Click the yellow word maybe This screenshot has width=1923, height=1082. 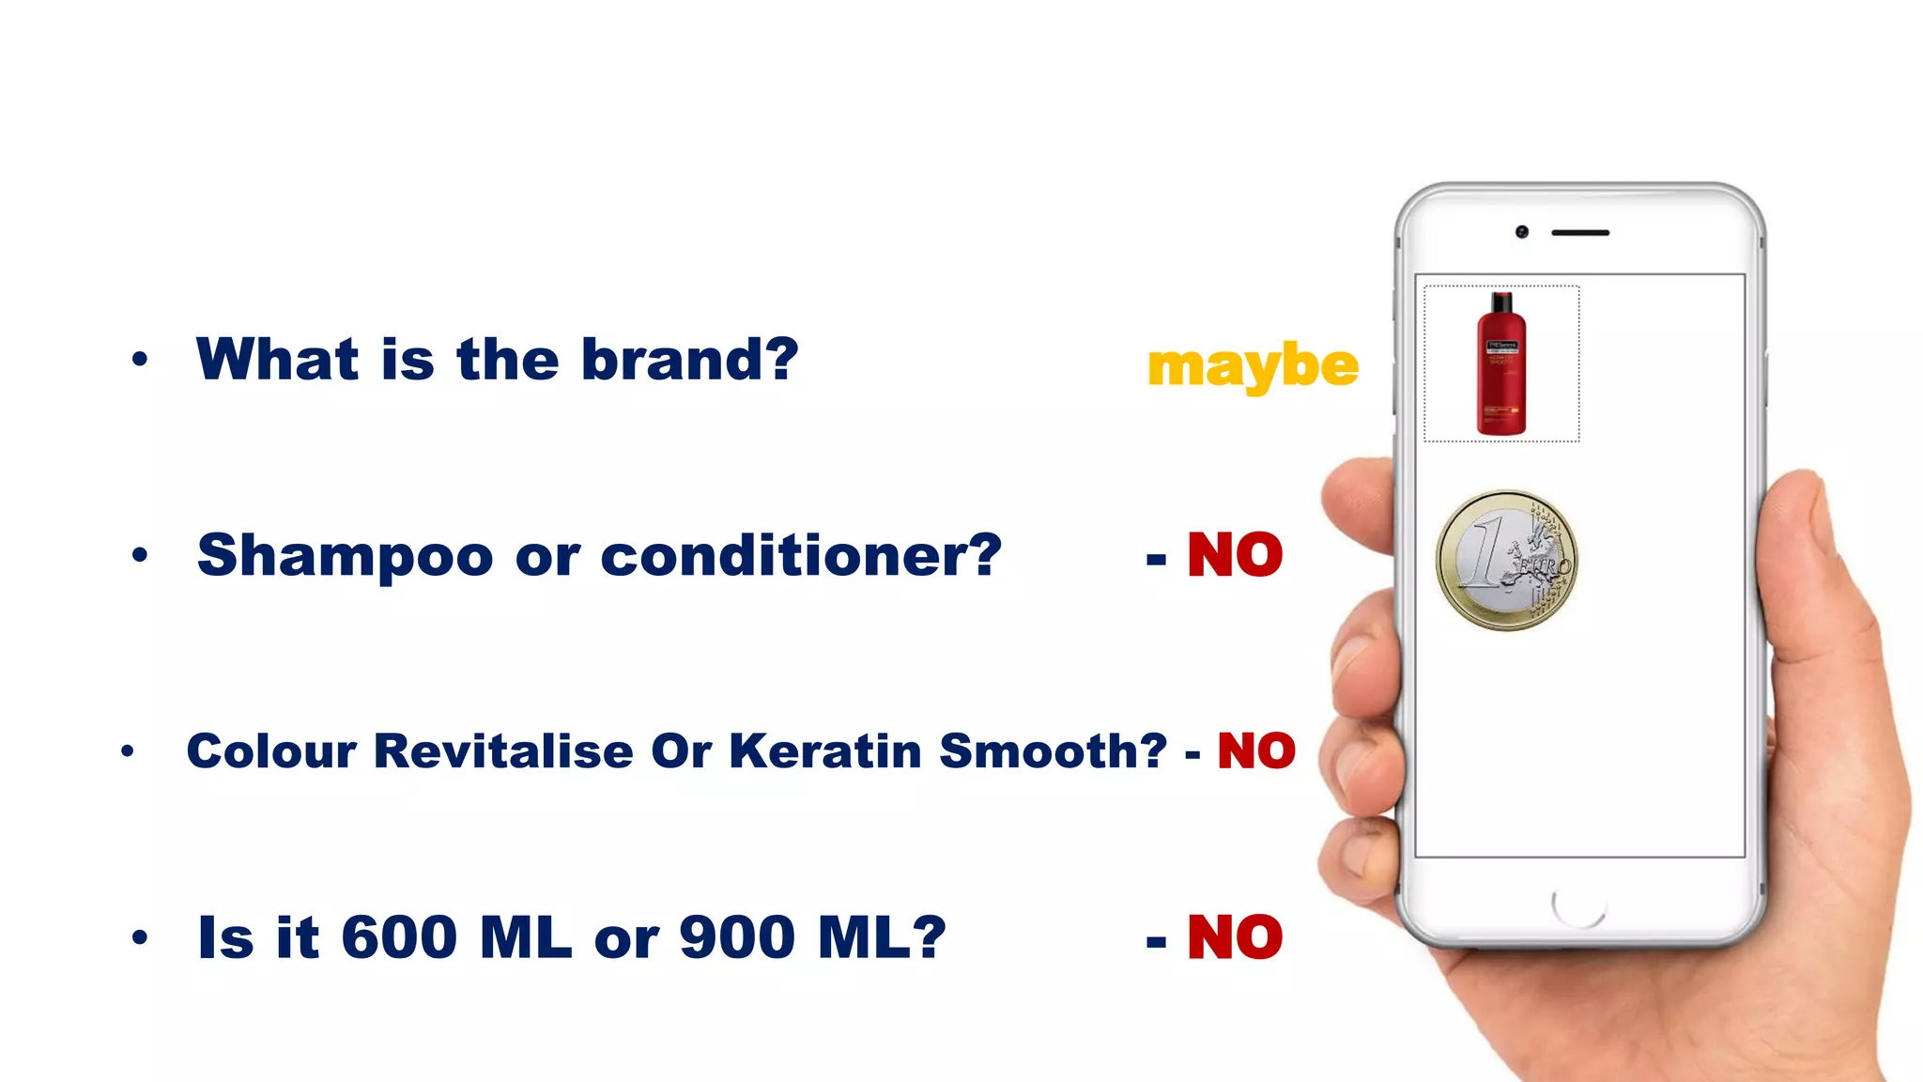[1253, 365]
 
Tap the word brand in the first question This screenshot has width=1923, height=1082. [688, 360]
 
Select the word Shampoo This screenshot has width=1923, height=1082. [345, 556]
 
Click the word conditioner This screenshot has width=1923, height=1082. [800, 555]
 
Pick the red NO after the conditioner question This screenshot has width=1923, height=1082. [1235, 555]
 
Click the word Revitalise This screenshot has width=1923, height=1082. [503, 751]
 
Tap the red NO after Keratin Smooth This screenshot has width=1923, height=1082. [1256, 751]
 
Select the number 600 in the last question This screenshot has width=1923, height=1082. [399, 937]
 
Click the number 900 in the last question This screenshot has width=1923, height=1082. [737, 937]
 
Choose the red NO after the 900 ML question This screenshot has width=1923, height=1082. [1235, 937]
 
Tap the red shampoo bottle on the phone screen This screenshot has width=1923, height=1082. [1500, 376]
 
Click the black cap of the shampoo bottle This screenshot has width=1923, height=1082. [1501, 302]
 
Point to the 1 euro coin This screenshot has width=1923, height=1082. [1506, 560]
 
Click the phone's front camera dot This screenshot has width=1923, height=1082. [1521, 232]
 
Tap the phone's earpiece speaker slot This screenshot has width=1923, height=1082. [1580, 232]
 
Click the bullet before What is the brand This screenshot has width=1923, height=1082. [140, 359]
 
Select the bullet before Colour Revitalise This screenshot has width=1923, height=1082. [128, 750]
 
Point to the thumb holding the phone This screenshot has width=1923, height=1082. [1357, 498]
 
